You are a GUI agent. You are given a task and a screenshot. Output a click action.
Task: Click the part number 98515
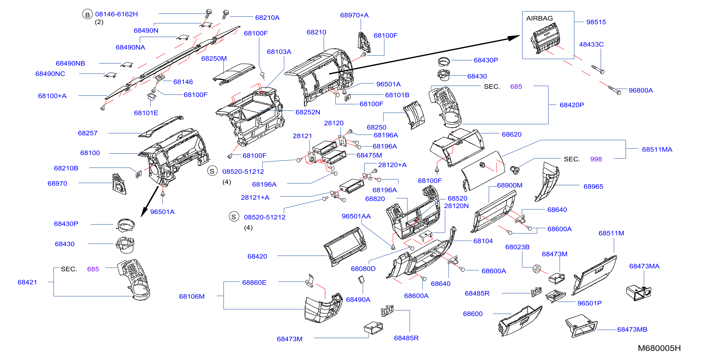tap(596, 22)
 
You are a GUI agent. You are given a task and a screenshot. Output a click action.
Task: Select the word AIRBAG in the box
tap(539, 18)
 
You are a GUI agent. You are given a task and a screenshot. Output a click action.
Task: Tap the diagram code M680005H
tap(659, 348)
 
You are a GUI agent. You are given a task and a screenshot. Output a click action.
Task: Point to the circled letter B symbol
tap(87, 15)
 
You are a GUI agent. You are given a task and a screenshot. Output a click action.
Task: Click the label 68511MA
tap(657, 149)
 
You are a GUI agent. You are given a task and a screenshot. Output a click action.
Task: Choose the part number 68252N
tap(308, 112)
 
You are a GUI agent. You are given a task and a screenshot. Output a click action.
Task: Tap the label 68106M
tap(192, 296)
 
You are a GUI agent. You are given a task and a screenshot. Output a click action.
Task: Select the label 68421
tap(27, 282)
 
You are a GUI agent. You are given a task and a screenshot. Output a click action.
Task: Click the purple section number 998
tap(596, 159)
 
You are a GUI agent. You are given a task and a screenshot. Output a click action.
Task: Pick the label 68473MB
tap(632, 329)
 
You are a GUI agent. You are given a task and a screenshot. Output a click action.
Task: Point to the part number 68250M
tap(214, 58)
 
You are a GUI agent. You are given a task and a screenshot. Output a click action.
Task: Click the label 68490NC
tap(50, 74)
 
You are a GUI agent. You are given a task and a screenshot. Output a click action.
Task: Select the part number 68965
tap(593, 187)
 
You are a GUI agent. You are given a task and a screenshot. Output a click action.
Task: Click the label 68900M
tap(510, 186)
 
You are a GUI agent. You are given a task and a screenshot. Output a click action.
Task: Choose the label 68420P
tap(572, 105)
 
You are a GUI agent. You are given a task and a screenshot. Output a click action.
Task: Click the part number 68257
tap(88, 133)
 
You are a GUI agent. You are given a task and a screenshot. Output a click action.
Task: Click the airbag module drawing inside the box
tap(545, 39)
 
